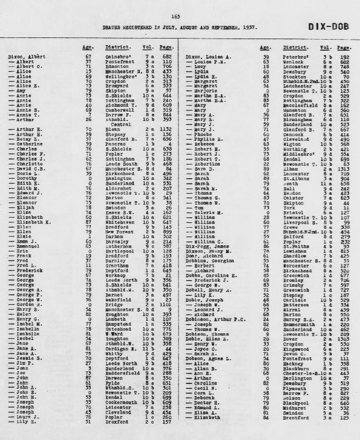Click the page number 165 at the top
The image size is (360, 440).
tap(176, 16)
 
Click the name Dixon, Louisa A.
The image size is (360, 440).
tap(209, 57)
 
